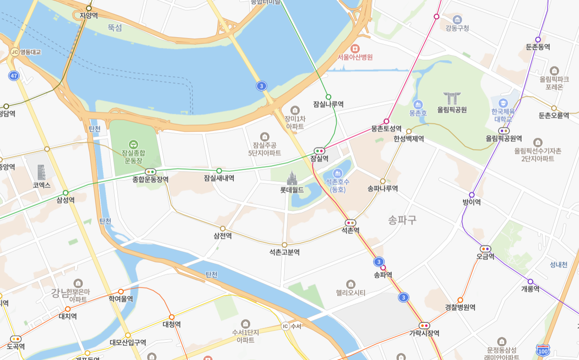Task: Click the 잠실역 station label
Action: (x=319, y=159)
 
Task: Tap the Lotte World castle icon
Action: (x=292, y=178)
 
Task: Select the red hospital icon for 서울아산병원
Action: (x=355, y=48)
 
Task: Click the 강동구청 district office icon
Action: (x=457, y=19)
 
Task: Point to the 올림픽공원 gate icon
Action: (x=452, y=98)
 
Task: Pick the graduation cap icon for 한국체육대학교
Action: (x=503, y=102)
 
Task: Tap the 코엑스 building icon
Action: (x=41, y=172)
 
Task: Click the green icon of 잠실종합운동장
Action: (x=134, y=144)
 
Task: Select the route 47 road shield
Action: (x=14, y=76)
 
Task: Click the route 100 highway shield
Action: (x=543, y=351)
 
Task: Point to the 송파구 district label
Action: (x=402, y=220)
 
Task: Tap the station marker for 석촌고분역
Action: (x=284, y=245)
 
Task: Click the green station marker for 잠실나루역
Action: (x=328, y=97)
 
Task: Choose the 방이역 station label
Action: (x=472, y=203)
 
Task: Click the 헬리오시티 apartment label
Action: (x=350, y=293)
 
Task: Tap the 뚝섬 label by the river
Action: (x=114, y=28)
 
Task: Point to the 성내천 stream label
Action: (x=559, y=265)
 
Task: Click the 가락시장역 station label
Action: (x=424, y=333)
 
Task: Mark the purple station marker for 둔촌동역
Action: (x=538, y=39)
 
